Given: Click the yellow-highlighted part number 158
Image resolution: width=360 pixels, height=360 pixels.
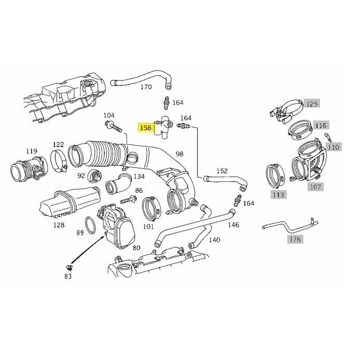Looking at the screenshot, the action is pos(145,127).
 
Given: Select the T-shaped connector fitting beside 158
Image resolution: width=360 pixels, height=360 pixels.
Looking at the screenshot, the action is pos(164,127).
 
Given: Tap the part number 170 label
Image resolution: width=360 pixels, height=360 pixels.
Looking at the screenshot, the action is pos(146,87).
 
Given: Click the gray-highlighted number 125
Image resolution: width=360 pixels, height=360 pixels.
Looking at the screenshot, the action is pos(312,104).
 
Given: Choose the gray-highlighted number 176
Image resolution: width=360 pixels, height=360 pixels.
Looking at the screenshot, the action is pos(295,239).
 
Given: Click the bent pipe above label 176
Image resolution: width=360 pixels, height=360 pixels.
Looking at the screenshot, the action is pos(290,225).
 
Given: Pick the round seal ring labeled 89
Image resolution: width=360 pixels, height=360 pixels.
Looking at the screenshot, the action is pos(90,225).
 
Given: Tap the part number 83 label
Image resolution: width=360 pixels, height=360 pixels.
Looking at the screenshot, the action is pos(68,276).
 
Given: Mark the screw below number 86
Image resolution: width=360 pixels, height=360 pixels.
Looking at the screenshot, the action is pos(128,199).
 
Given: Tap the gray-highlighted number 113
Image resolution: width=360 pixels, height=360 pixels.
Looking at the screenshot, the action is pos(278,195).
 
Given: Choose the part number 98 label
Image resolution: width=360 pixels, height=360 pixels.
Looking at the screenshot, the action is pos(179,154).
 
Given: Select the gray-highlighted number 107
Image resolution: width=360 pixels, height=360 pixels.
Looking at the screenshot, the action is pos(315,187).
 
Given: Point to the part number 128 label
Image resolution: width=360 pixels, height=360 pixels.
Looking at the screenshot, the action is pos(59,225).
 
